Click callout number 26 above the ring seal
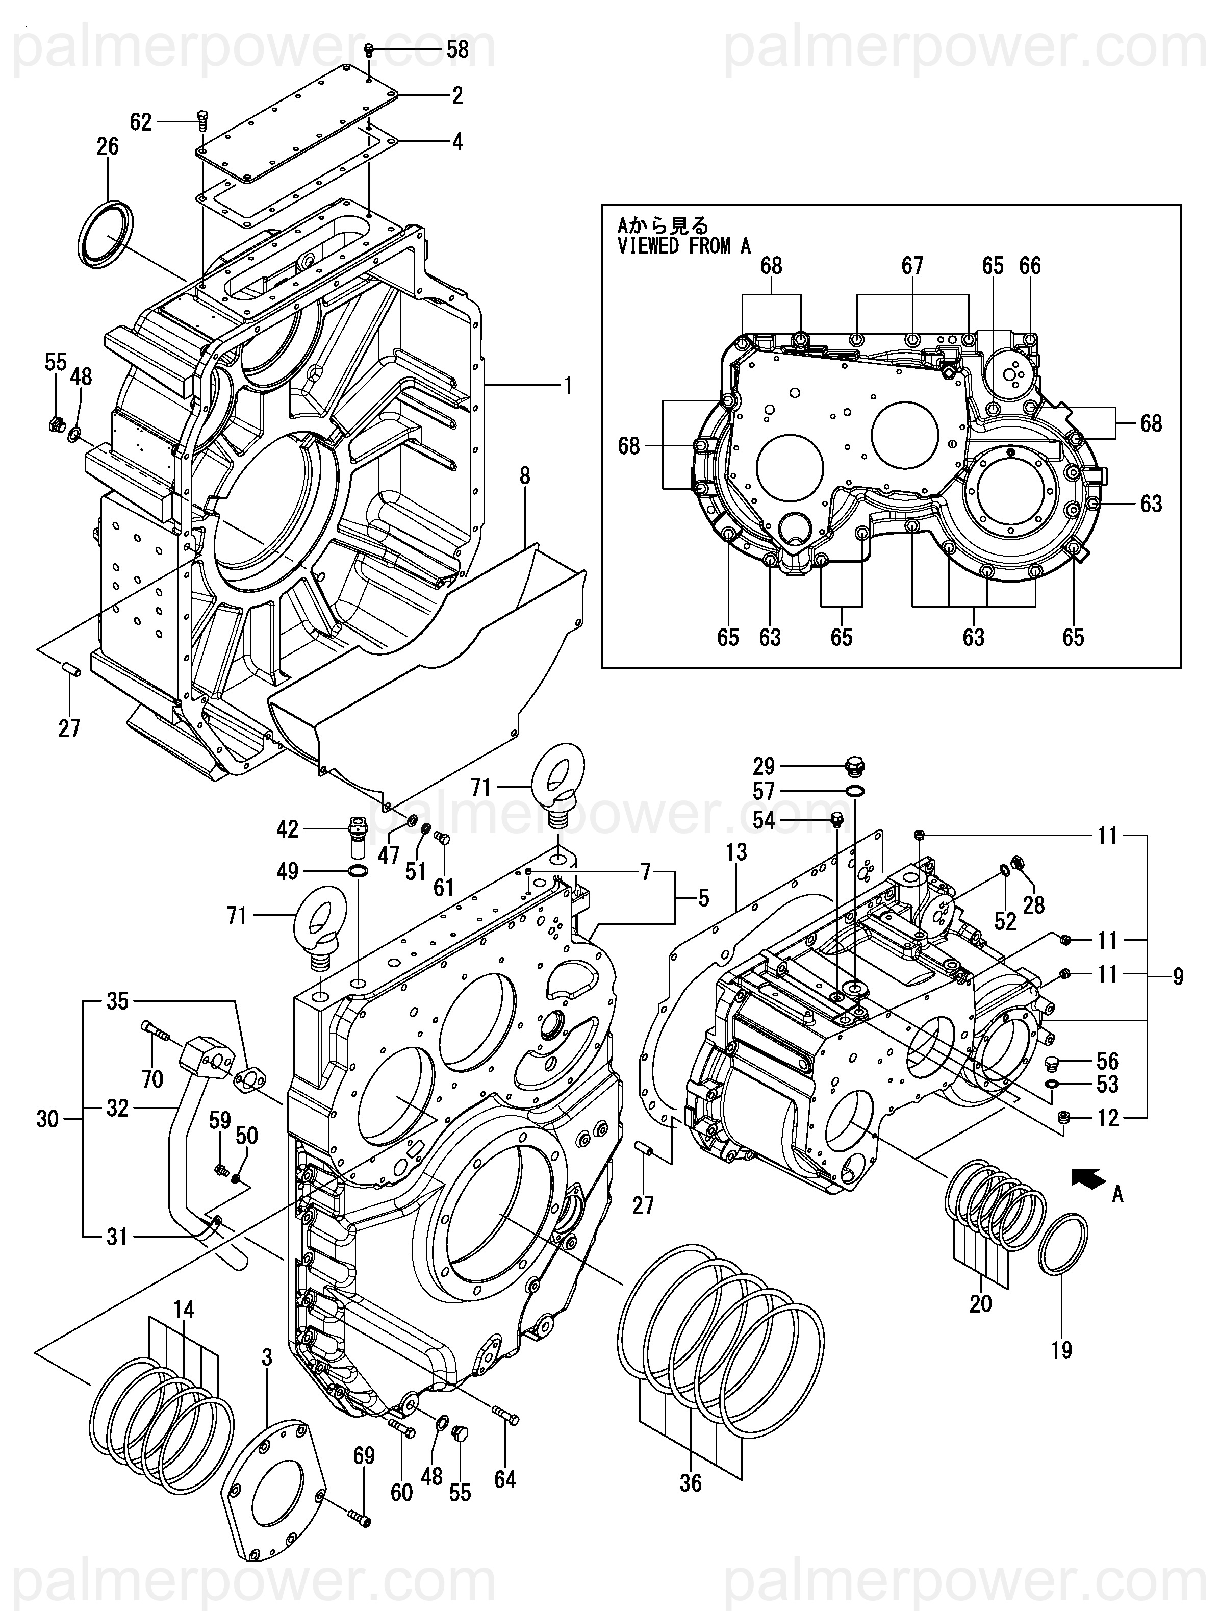point(108,146)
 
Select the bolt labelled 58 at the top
point(369,49)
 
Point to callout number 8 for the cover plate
point(524,476)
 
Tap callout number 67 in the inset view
point(912,266)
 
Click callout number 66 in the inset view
point(1030,266)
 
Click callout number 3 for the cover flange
point(267,1357)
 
